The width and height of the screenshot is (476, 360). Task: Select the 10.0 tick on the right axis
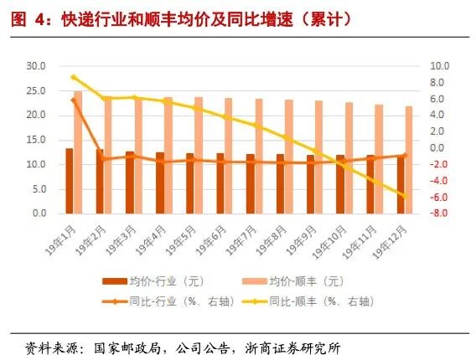pos(439,65)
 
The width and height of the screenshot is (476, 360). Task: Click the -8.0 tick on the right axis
pos(439,213)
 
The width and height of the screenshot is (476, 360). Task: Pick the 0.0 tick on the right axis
pos(441,148)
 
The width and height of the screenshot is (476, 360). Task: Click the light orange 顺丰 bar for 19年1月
pos(78,152)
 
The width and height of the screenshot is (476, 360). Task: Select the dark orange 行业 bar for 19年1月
pos(70,181)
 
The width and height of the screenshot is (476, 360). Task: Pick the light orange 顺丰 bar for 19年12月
pos(409,160)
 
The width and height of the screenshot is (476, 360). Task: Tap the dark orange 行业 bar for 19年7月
pos(250,184)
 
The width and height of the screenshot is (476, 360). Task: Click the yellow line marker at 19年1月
pos(74,77)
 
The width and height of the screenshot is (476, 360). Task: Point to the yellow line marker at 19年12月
pos(405,197)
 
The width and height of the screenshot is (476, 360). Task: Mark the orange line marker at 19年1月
pos(74,100)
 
